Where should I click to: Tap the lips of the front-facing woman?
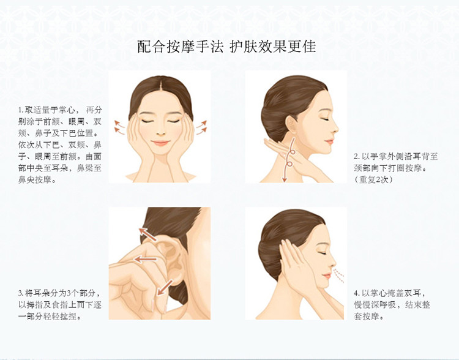click(160, 143)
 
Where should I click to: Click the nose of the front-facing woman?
click(160, 132)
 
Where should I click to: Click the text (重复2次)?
click(373, 179)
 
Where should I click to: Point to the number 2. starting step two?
click(357, 157)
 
